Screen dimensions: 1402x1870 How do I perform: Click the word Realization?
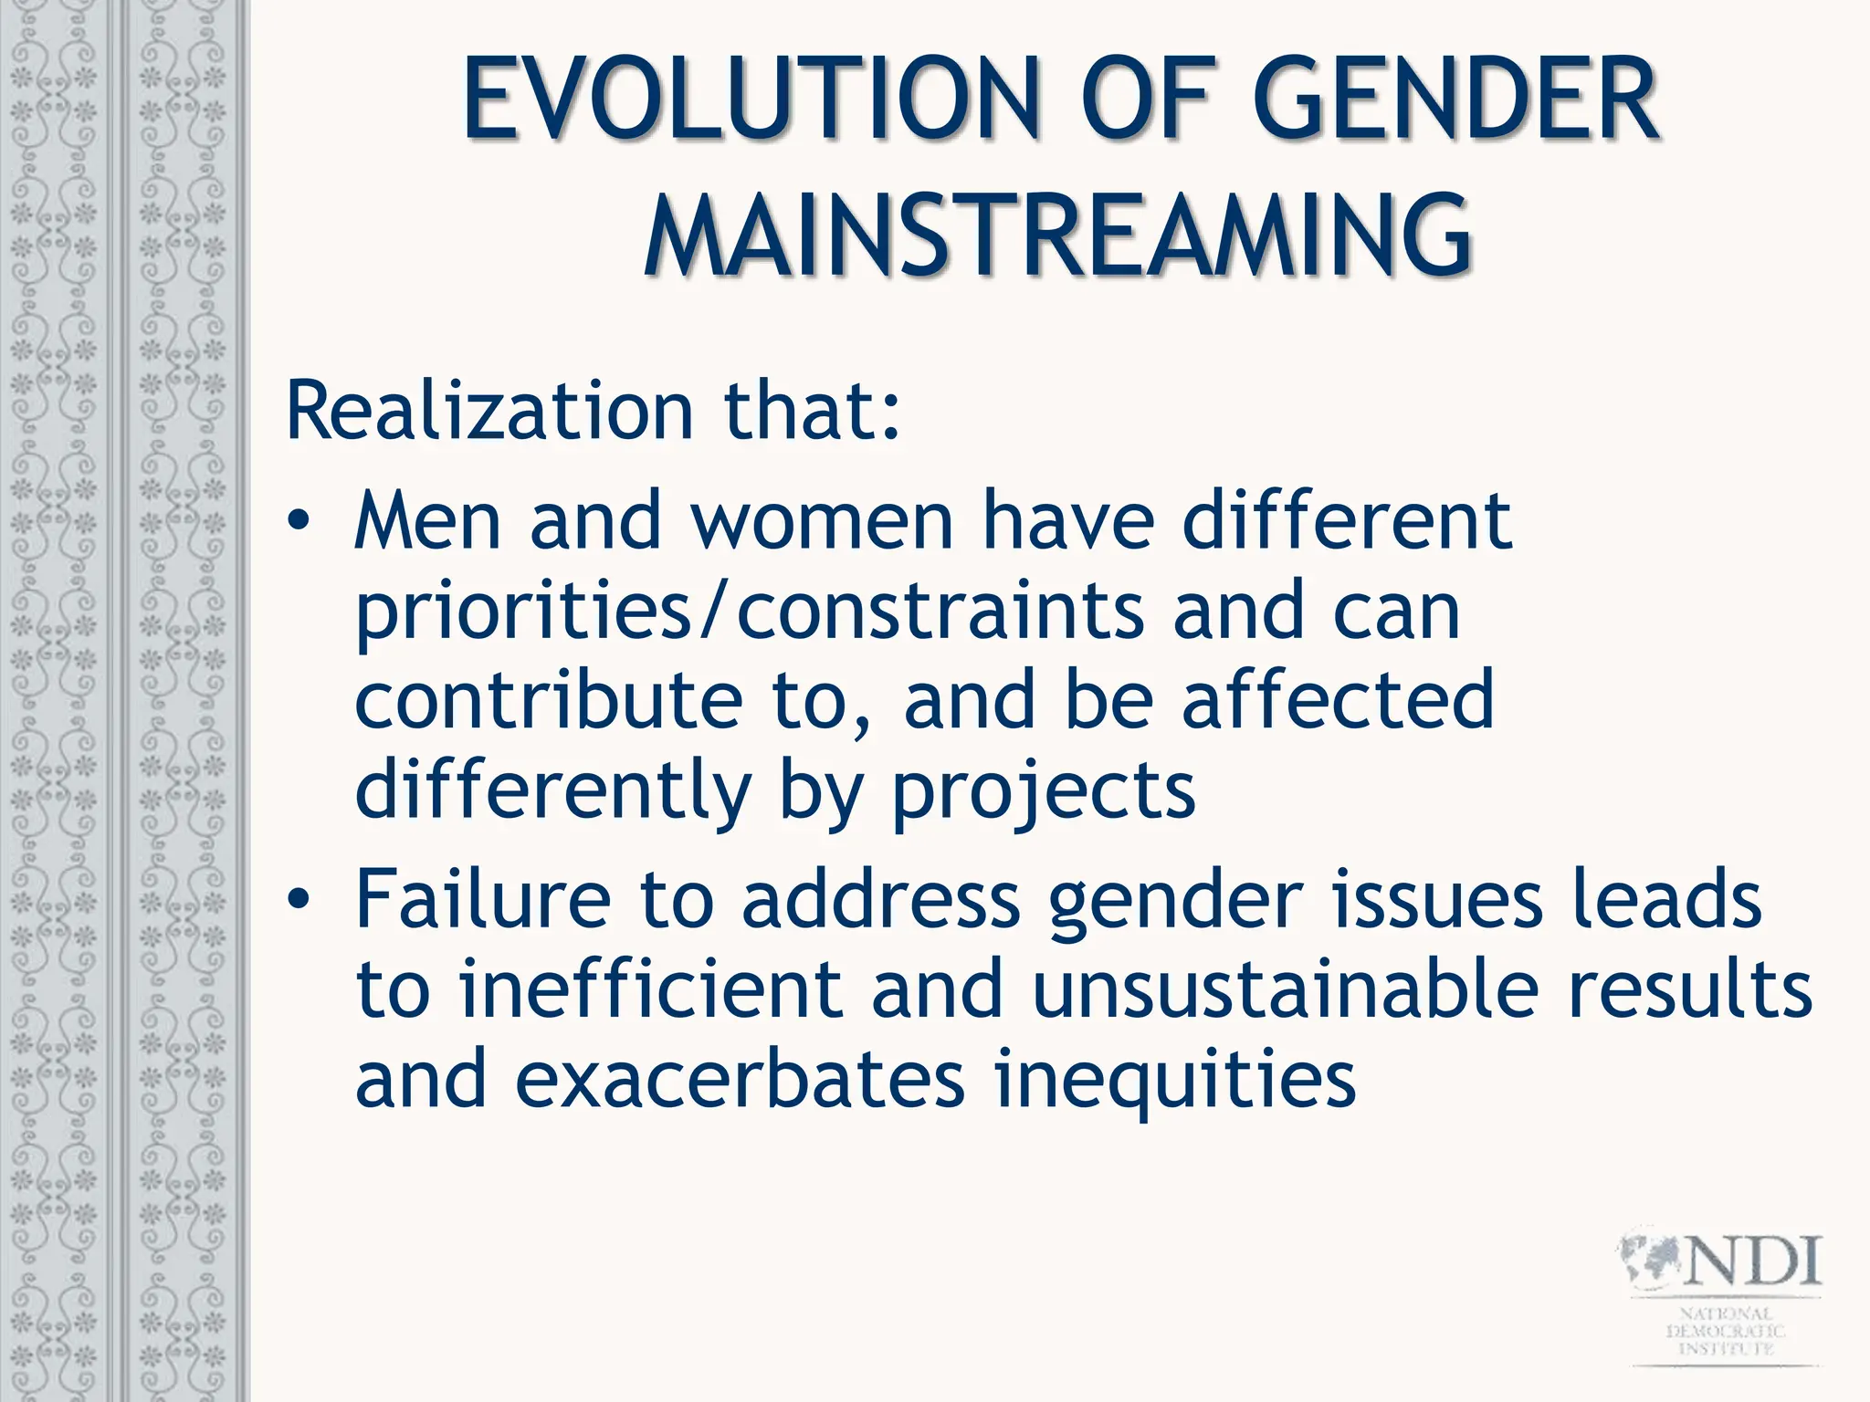(489, 411)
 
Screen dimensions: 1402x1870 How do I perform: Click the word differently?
(552, 790)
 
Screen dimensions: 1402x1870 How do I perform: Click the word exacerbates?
(740, 1080)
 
